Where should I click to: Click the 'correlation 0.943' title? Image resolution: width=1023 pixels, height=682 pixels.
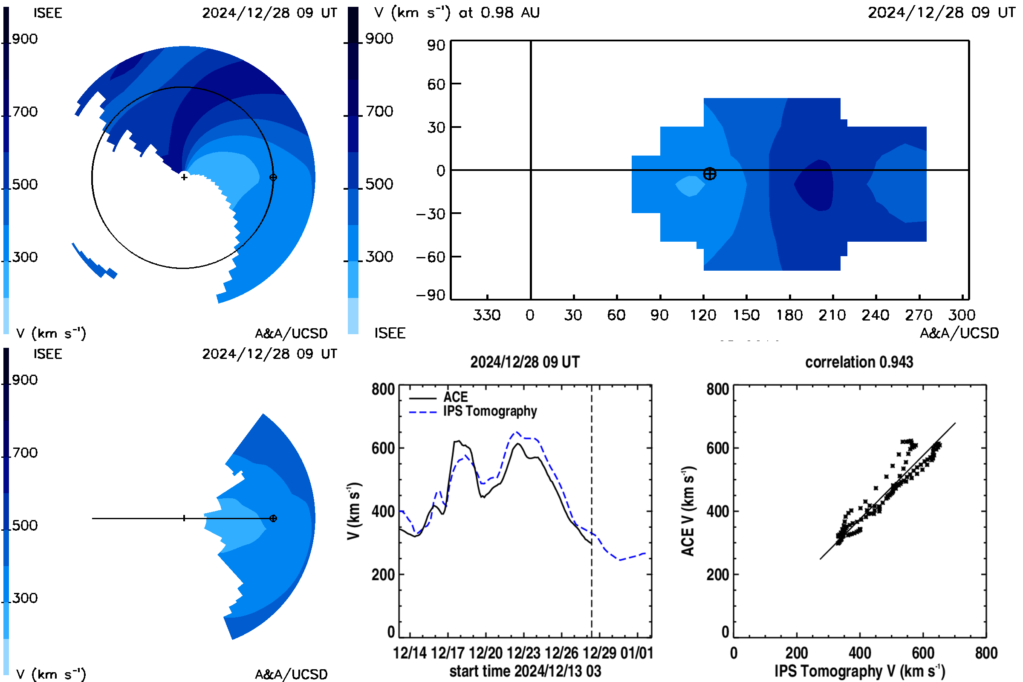859,362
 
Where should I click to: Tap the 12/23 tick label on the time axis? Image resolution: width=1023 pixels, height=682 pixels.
524,653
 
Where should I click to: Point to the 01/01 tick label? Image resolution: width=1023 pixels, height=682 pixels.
637,653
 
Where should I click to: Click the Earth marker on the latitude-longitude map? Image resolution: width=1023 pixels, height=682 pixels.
709,174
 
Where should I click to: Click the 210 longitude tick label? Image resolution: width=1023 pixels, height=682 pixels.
832,315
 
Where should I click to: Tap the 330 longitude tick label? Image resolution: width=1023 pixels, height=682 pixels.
487,315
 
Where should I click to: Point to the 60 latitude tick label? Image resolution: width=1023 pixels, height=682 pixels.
436,84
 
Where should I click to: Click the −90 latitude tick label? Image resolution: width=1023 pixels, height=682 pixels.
431,295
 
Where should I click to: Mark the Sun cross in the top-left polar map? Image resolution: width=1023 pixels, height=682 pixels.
184,177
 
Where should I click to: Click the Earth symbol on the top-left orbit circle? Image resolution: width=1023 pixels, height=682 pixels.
273,177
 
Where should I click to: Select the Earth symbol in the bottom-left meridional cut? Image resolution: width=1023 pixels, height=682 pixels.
273,518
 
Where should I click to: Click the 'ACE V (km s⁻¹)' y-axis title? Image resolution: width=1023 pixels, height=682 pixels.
688,511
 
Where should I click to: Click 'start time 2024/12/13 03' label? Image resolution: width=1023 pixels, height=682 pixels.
526,671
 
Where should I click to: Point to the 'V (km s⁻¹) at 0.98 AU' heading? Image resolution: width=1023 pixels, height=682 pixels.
457,13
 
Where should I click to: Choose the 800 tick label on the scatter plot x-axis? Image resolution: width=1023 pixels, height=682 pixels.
986,653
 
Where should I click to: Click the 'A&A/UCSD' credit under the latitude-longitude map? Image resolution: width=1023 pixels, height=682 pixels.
959,333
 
